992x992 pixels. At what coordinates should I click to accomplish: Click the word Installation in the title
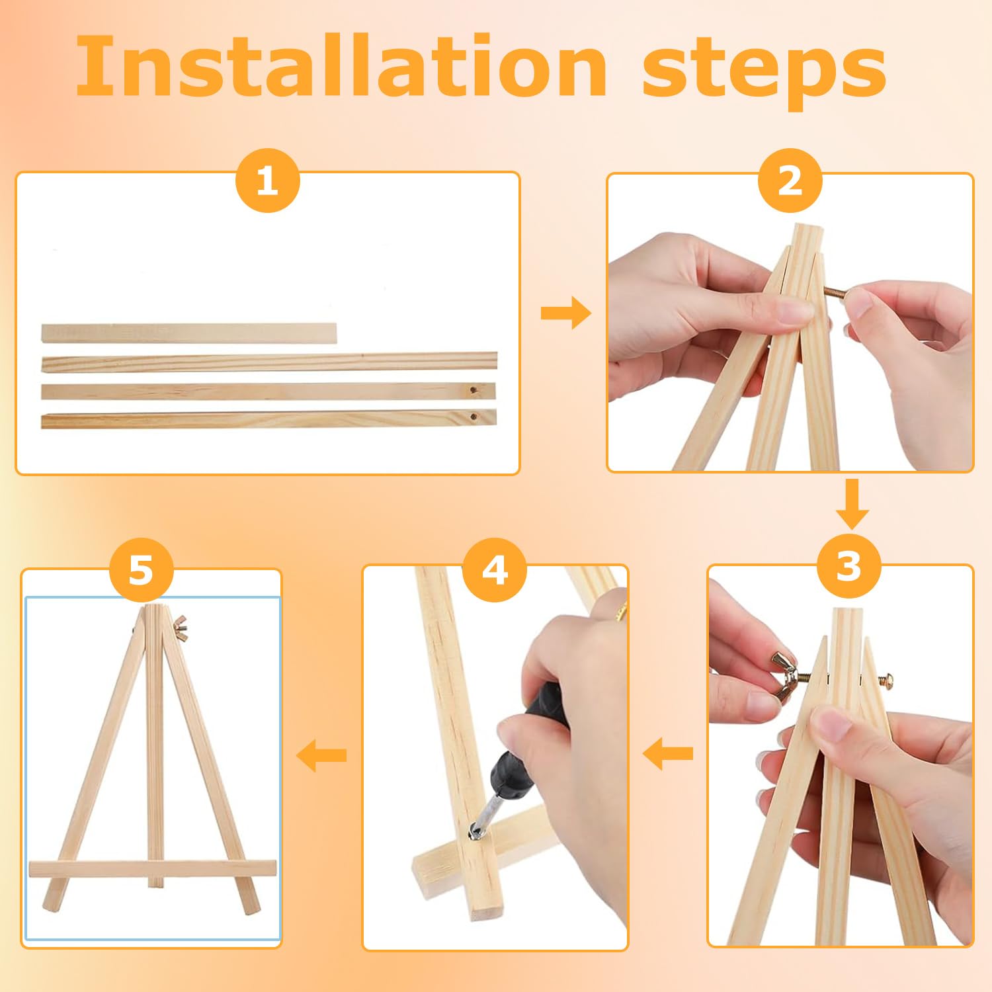coord(341,65)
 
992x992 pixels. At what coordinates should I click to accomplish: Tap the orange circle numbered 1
coord(268,181)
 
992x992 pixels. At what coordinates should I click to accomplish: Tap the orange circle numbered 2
coord(790,181)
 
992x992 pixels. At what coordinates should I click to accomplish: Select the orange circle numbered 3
coord(849,566)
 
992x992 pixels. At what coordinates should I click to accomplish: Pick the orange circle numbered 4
coord(495,569)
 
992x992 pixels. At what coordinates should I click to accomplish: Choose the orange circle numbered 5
coord(141,569)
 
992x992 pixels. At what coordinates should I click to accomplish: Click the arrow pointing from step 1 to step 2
coord(565,313)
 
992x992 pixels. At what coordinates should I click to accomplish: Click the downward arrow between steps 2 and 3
coord(852,504)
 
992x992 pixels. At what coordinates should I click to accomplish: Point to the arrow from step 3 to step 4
coord(668,754)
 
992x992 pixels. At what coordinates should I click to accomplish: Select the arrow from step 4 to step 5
coord(321,755)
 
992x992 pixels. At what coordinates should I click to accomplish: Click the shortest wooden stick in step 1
coord(189,333)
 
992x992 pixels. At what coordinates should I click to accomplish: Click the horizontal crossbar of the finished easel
coord(153,869)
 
